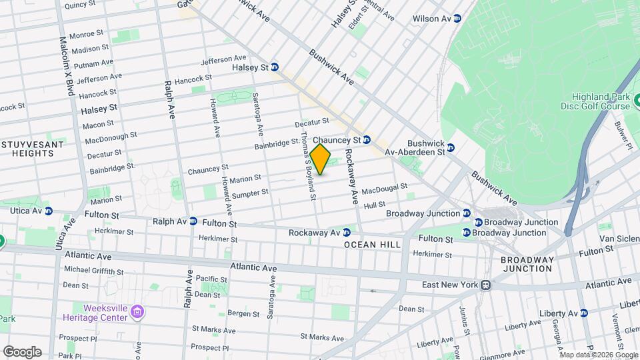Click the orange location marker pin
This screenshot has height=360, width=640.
click(x=321, y=159)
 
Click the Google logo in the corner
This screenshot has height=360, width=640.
click(x=22, y=352)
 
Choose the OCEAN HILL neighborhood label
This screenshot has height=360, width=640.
click(x=373, y=245)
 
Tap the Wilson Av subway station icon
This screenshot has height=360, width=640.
click(x=457, y=19)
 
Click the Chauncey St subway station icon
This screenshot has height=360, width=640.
click(x=367, y=140)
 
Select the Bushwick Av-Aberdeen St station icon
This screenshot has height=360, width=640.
click(x=451, y=147)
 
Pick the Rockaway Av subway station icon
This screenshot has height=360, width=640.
click(x=347, y=233)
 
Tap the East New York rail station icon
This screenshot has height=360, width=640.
click(x=486, y=285)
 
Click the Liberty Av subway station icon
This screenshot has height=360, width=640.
click(x=584, y=313)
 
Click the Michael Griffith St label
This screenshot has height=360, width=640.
click(x=93, y=271)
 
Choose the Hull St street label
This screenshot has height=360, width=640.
click(x=375, y=205)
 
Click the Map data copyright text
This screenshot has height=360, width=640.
click(x=597, y=355)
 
